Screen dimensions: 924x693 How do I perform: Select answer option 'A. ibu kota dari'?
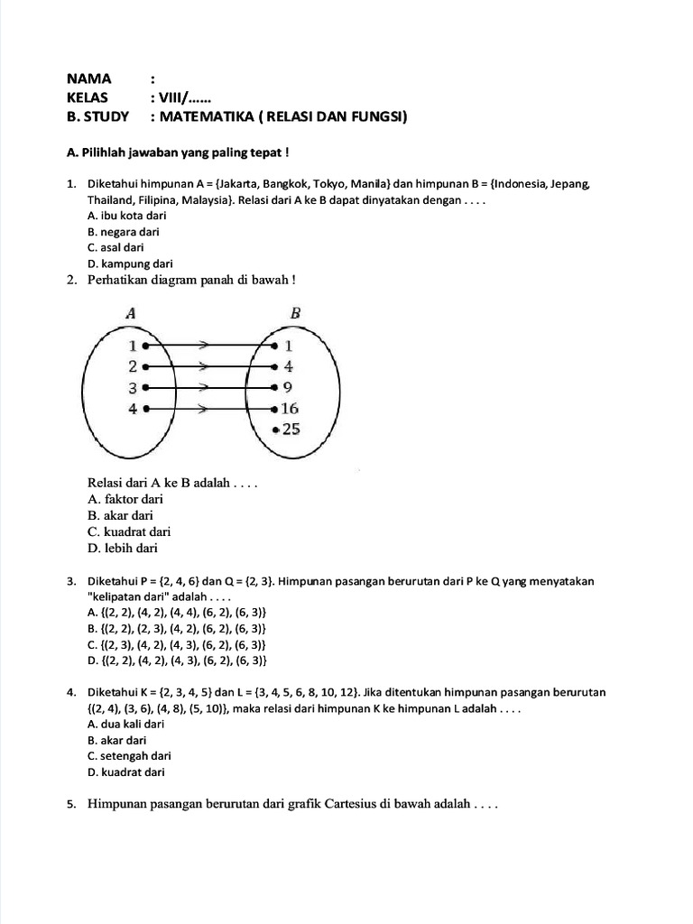tap(126, 216)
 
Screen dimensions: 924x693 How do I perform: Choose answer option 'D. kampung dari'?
tap(130, 263)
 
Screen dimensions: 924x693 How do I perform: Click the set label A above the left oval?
tap(132, 313)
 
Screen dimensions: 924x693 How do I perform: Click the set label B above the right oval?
tap(295, 313)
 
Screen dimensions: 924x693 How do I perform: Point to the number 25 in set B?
tap(291, 430)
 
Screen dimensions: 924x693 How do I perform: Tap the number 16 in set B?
tap(290, 409)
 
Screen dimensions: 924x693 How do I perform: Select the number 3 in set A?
tap(132, 388)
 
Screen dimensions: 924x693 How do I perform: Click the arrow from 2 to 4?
tap(208, 367)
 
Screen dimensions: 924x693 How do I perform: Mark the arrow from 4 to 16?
tap(208, 409)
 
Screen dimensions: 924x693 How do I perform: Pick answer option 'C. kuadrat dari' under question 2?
tap(129, 531)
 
